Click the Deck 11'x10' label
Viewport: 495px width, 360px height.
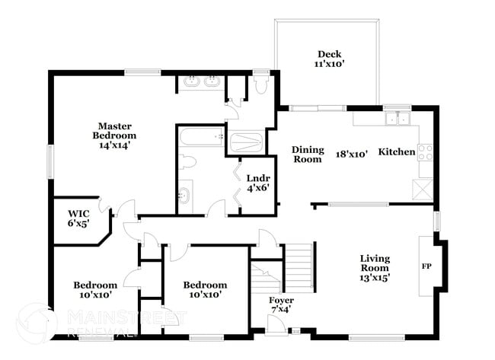(x=330, y=59)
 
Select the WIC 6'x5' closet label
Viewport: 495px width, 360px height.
(x=79, y=218)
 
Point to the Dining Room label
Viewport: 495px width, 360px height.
(x=308, y=155)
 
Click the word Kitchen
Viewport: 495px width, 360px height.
(x=397, y=152)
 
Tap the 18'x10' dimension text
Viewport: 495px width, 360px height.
(x=352, y=153)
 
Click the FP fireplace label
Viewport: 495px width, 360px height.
(x=426, y=267)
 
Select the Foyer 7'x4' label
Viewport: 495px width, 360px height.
(x=282, y=305)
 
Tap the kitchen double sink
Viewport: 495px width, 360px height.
(x=397, y=118)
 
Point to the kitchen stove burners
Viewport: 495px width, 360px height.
(x=425, y=151)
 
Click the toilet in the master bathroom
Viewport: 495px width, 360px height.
(x=262, y=84)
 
